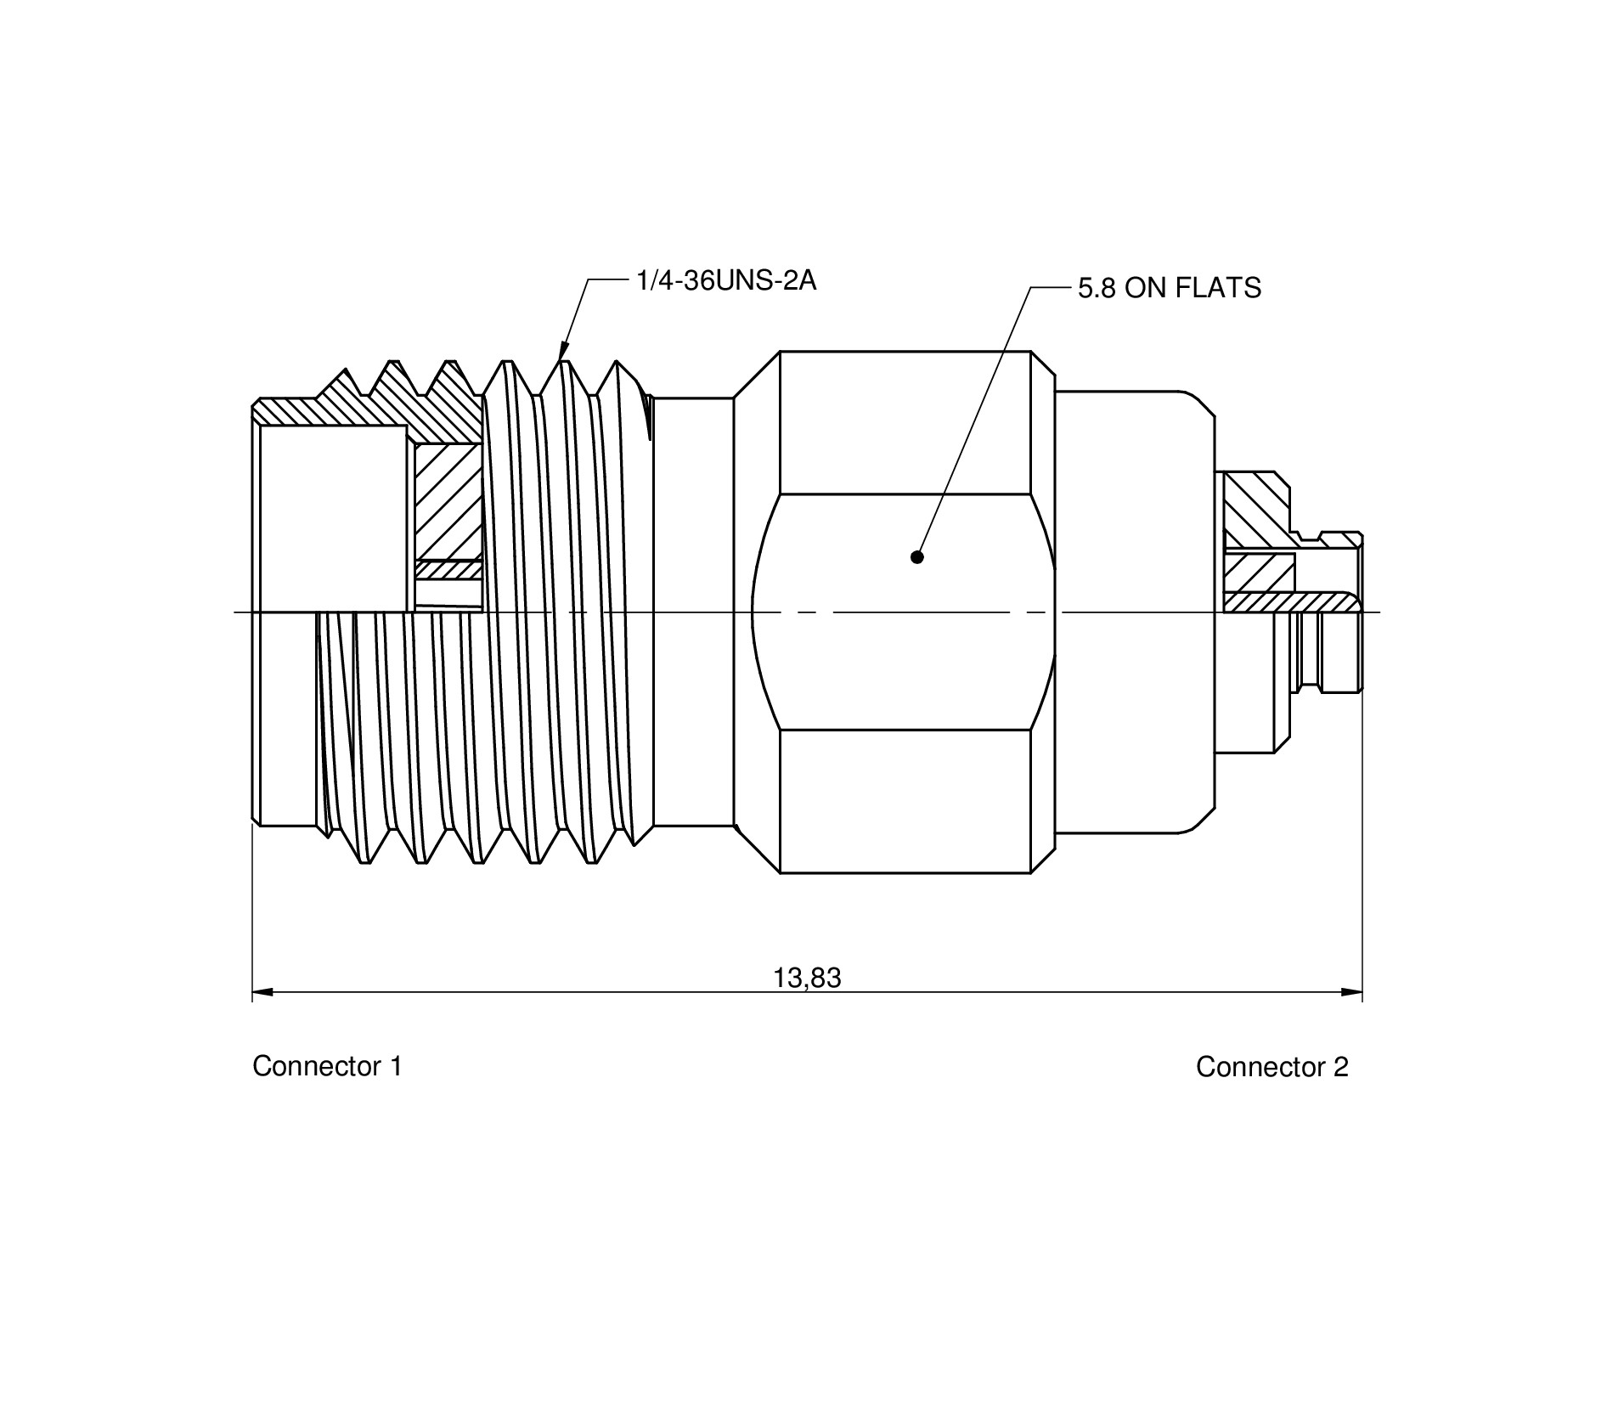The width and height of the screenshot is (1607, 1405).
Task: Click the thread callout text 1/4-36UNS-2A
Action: (726, 280)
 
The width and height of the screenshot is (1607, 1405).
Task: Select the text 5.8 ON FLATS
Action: (1170, 289)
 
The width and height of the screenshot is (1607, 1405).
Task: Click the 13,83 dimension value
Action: (807, 979)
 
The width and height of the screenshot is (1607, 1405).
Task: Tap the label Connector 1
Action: (327, 1066)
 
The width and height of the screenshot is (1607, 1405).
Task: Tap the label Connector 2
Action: (1272, 1067)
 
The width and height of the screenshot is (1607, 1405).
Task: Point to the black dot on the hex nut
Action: (916, 557)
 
